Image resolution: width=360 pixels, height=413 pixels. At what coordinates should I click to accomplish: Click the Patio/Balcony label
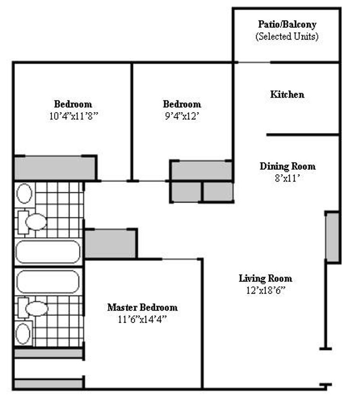pos(287,25)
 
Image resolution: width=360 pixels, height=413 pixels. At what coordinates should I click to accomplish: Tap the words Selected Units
pos(287,37)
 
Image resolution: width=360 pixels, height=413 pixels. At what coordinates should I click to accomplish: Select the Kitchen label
pos(287,94)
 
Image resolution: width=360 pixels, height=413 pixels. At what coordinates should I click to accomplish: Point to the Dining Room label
pos(288,166)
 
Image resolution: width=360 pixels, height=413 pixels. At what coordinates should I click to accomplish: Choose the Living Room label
pos(265,278)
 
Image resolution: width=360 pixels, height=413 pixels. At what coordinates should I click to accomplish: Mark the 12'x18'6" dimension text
pos(266,290)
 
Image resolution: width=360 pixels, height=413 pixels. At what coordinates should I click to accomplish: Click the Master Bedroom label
pos(142,307)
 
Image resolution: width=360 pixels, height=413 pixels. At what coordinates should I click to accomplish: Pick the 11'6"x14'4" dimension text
pos(142,319)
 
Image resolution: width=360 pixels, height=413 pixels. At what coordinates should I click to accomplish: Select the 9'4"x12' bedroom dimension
pos(182,116)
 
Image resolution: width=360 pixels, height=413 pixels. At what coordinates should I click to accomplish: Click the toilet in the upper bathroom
pos(33,222)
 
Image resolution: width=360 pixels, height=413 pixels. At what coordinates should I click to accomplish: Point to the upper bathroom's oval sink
pos(24,193)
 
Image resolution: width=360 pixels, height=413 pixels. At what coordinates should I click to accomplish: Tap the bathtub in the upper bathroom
pos(48,252)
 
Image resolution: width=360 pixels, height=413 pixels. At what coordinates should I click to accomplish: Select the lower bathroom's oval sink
pos(23,333)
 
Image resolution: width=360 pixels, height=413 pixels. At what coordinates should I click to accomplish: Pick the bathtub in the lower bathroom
pos(48,281)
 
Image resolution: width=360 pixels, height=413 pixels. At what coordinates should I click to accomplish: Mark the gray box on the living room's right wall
pos(332,237)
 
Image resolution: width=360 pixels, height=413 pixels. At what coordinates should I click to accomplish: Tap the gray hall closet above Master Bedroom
pos(110,244)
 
